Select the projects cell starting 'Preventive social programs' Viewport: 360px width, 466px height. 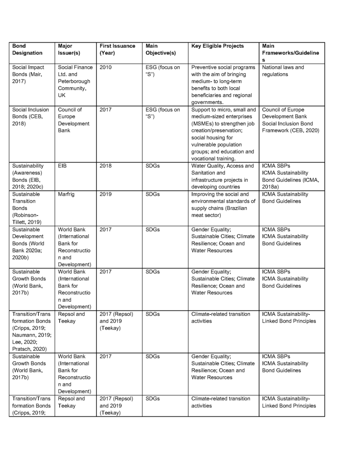(223, 85)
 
